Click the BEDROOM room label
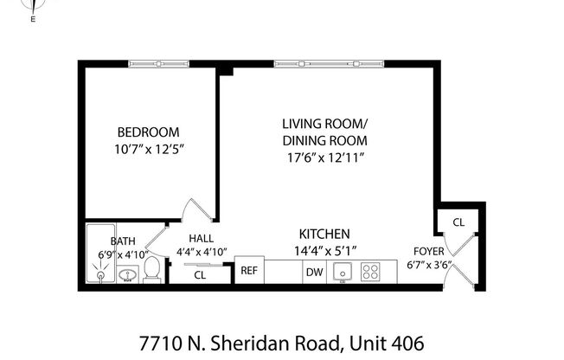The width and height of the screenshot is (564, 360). pyautogui.click(x=149, y=132)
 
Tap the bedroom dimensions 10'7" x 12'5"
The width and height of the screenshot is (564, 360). pyautogui.click(x=149, y=149)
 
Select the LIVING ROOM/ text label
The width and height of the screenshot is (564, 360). pyautogui.click(x=324, y=123)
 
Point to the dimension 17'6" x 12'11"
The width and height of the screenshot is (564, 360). pyautogui.click(x=324, y=157)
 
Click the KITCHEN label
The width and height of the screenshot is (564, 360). pyautogui.click(x=324, y=235)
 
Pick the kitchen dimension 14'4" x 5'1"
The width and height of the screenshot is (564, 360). pyautogui.click(x=324, y=251)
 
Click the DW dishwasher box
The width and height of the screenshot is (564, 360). pyautogui.click(x=314, y=272)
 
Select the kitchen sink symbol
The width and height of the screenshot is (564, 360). pyautogui.click(x=342, y=272)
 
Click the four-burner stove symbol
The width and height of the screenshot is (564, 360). pyautogui.click(x=372, y=272)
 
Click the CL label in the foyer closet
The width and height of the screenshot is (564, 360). pyautogui.click(x=458, y=222)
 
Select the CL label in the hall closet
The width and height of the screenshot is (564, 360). pyautogui.click(x=200, y=275)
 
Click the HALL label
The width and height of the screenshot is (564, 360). pyautogui.click(x=202, y=239)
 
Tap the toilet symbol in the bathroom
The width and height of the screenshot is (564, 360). pyautogui.click(x=151, y=269)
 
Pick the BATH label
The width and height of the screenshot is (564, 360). pyautogui.click(x=122, y=241)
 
